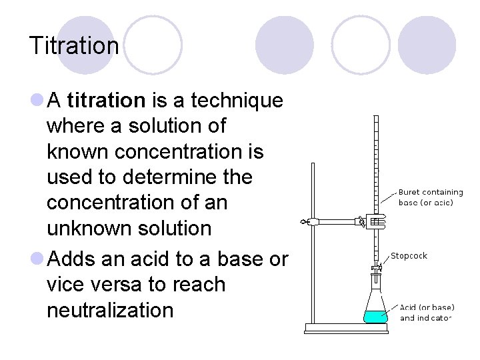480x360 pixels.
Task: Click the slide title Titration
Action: (x=73, y=46)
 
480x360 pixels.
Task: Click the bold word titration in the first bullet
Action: (x=106, y=101)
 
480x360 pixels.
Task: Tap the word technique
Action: (x=237, y=101)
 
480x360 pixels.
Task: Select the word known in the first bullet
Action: (x=78, y=151)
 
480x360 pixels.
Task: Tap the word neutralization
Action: (x=110, y=310)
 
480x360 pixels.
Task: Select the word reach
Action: (x=200, y=285)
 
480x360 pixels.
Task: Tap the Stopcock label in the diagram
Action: (x=409, y=255)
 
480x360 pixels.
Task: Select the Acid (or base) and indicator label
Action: (x=427, y=313)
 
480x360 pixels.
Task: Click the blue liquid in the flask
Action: (x=375, y=316)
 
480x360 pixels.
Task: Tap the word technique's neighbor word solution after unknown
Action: (x=178, y=227)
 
